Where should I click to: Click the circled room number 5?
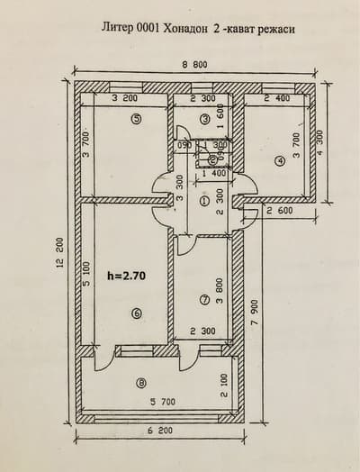135,118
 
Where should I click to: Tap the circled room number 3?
205,118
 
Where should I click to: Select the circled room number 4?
279,161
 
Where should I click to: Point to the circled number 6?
135,313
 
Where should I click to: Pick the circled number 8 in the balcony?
140,382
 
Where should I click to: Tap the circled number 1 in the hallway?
205,202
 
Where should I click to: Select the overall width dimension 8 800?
193,65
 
